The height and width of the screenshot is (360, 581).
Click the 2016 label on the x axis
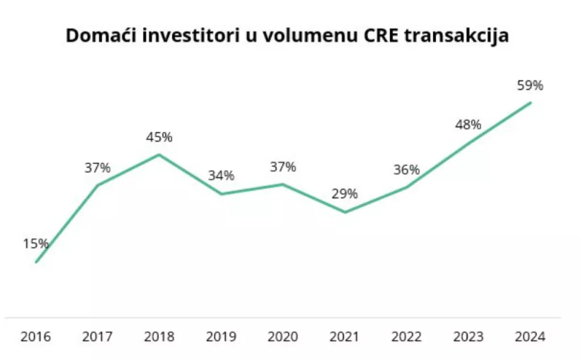click(36, 337)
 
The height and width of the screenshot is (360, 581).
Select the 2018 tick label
click(159, 337)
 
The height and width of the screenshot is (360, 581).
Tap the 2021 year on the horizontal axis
click(344, 337)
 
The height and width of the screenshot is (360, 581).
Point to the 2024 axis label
click(530, 337)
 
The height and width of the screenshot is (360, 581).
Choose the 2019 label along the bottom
click(221, 337)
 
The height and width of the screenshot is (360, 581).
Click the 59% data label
click(530, 86)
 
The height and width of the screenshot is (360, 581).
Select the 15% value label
click(36, 244)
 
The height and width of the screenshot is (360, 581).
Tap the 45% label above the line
click(159, 137)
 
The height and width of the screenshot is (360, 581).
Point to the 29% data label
click(344, 194)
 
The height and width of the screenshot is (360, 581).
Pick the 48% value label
click(468, 124)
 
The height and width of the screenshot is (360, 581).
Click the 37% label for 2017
click(98, 168)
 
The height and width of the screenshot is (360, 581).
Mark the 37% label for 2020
click(283, 167)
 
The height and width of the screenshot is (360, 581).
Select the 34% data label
click(221, 176)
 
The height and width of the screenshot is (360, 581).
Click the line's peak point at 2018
click(159, 154)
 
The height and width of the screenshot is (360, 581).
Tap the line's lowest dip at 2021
click(344, 213)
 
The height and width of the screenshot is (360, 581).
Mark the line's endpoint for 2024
click(530, 103)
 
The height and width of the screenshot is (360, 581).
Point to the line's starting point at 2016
click(36, 262)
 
